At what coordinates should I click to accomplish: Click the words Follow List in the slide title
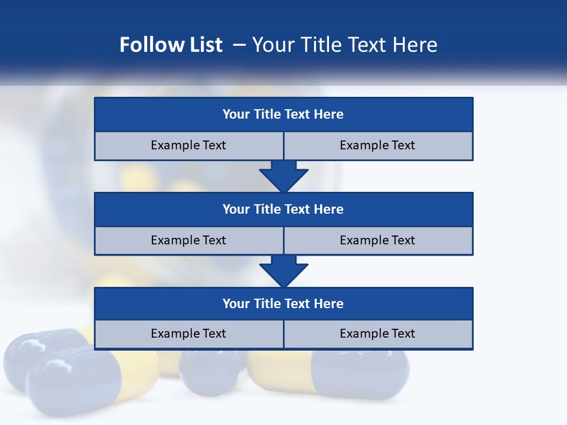[171, 45]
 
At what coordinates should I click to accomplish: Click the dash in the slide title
[239, 45]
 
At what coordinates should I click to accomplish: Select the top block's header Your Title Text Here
[283, 115]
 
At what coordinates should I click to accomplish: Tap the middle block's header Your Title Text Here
[283, 209]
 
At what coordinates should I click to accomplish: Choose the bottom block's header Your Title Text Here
[283, 303]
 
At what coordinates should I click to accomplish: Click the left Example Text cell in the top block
[188, 145]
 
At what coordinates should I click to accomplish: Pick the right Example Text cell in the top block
[377, 145]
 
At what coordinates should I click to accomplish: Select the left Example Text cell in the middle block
[188, 240]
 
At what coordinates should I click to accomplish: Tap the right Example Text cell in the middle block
[377, 240]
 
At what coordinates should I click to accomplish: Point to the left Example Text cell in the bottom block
[188, 334]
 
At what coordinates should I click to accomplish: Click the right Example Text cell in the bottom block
[377, 334]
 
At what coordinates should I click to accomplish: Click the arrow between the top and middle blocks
[283, 176]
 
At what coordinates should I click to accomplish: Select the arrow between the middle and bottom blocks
[283, 270]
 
